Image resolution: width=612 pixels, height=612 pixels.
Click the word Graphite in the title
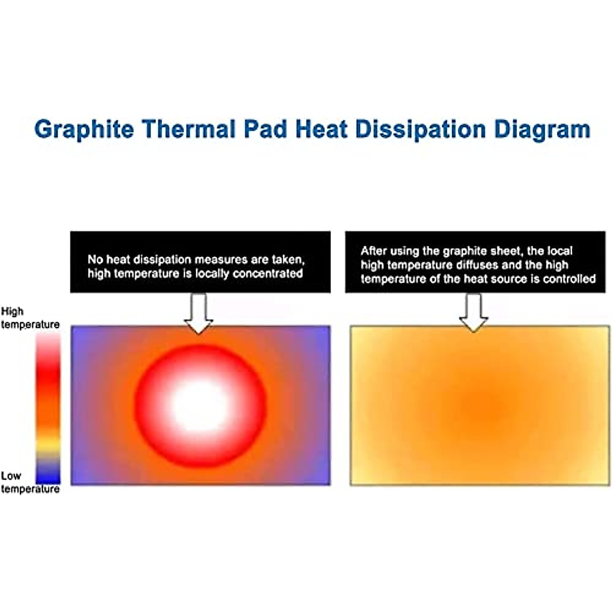click(84, 129)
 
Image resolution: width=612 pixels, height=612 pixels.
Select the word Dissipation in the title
click(421, 129)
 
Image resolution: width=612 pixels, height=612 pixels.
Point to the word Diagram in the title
click(542, 129)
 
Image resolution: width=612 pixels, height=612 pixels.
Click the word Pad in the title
click(266, 129)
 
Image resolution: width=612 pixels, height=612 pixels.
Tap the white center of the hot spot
click(200, 406)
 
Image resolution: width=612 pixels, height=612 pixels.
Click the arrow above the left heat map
click(198, 313)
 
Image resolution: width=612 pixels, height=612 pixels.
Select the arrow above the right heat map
click(473, 313)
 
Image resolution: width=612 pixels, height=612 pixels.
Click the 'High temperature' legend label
click(30, 318)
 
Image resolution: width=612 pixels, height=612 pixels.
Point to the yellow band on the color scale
click(48, 445)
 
